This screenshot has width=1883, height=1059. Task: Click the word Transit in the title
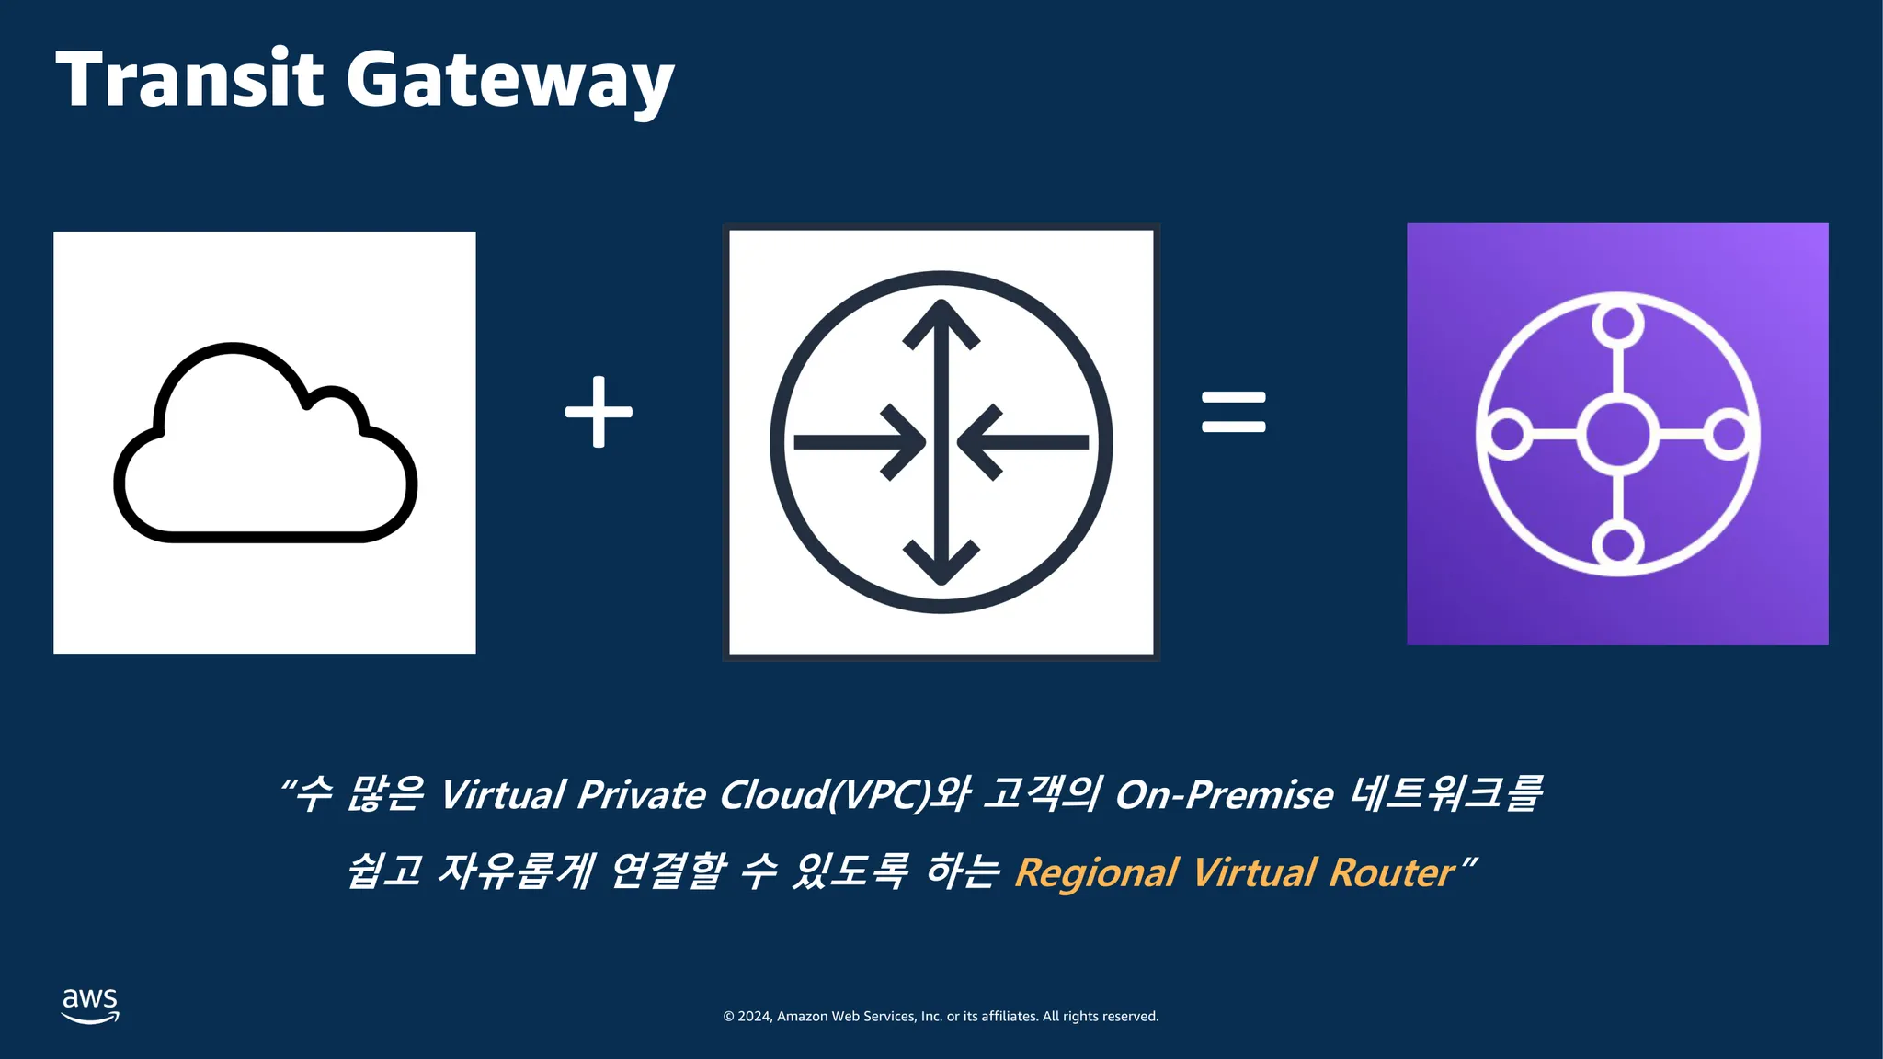(x=189, y=79)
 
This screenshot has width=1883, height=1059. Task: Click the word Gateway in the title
(x=510, y=83)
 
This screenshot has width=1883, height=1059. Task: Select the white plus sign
(x=599, y=412)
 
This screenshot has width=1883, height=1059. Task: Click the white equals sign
(x=1234, y=412)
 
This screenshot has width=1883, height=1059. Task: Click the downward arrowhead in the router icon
(x=941, y=563)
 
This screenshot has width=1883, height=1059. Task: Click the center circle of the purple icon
(x=1618, y=434)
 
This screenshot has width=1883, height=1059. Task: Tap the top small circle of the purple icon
(x=1618, y=324)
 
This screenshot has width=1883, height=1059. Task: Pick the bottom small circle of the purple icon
(x=1618, y=544)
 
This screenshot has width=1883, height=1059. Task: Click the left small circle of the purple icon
(x=1507, y=434)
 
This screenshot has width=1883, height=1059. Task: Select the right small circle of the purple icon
(x=1729, y=434)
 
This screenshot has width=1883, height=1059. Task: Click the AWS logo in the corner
(x=90, y=1005)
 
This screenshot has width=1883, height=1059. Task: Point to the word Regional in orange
(x=1096, y=872)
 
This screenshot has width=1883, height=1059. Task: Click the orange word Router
(x=1392, y=872)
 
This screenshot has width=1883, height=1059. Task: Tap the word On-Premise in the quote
(x=1224, y=795)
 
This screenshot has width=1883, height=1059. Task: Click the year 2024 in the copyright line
(x=754, y=1016)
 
